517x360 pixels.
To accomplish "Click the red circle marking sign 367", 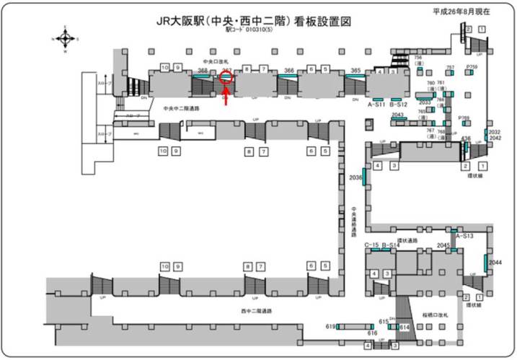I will (x=226, y=78).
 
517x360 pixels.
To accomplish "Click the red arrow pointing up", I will (x=226, y=97).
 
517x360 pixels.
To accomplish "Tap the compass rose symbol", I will (x=65, y=39).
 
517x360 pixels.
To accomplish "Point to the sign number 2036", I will (x=355, y=177).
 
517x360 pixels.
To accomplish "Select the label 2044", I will (x=495, y=263).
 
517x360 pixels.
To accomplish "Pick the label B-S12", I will (x=399, y=105).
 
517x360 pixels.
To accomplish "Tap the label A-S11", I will (x=375, y=105).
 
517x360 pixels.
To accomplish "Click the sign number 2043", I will (x=397, y=115).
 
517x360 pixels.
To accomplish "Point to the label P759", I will (x=472, y=66).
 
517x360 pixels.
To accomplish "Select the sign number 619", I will (x=331, y=326).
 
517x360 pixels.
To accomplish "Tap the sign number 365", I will (x=355, y=71).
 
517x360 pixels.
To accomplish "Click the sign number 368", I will (x=203, y=71).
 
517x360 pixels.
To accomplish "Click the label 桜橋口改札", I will (x=435, y=315).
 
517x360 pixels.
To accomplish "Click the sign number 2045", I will (x=443, y=245).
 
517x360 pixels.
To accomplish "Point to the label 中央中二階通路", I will (x=182, y=108).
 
